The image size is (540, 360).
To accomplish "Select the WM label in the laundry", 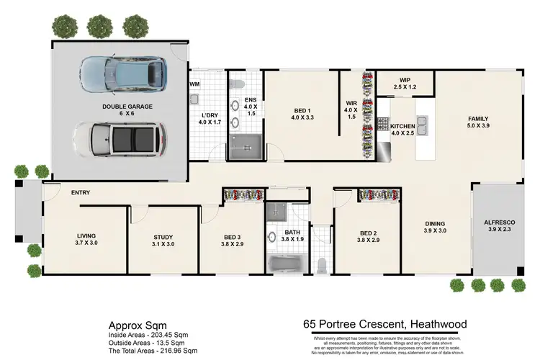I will pos(194,84).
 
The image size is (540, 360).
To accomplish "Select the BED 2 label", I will pos(369,237).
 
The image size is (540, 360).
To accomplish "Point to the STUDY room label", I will pos(163,240).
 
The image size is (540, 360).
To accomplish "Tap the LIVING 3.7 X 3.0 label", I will pos(86,240).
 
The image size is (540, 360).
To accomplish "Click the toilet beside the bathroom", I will pos(321,264).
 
